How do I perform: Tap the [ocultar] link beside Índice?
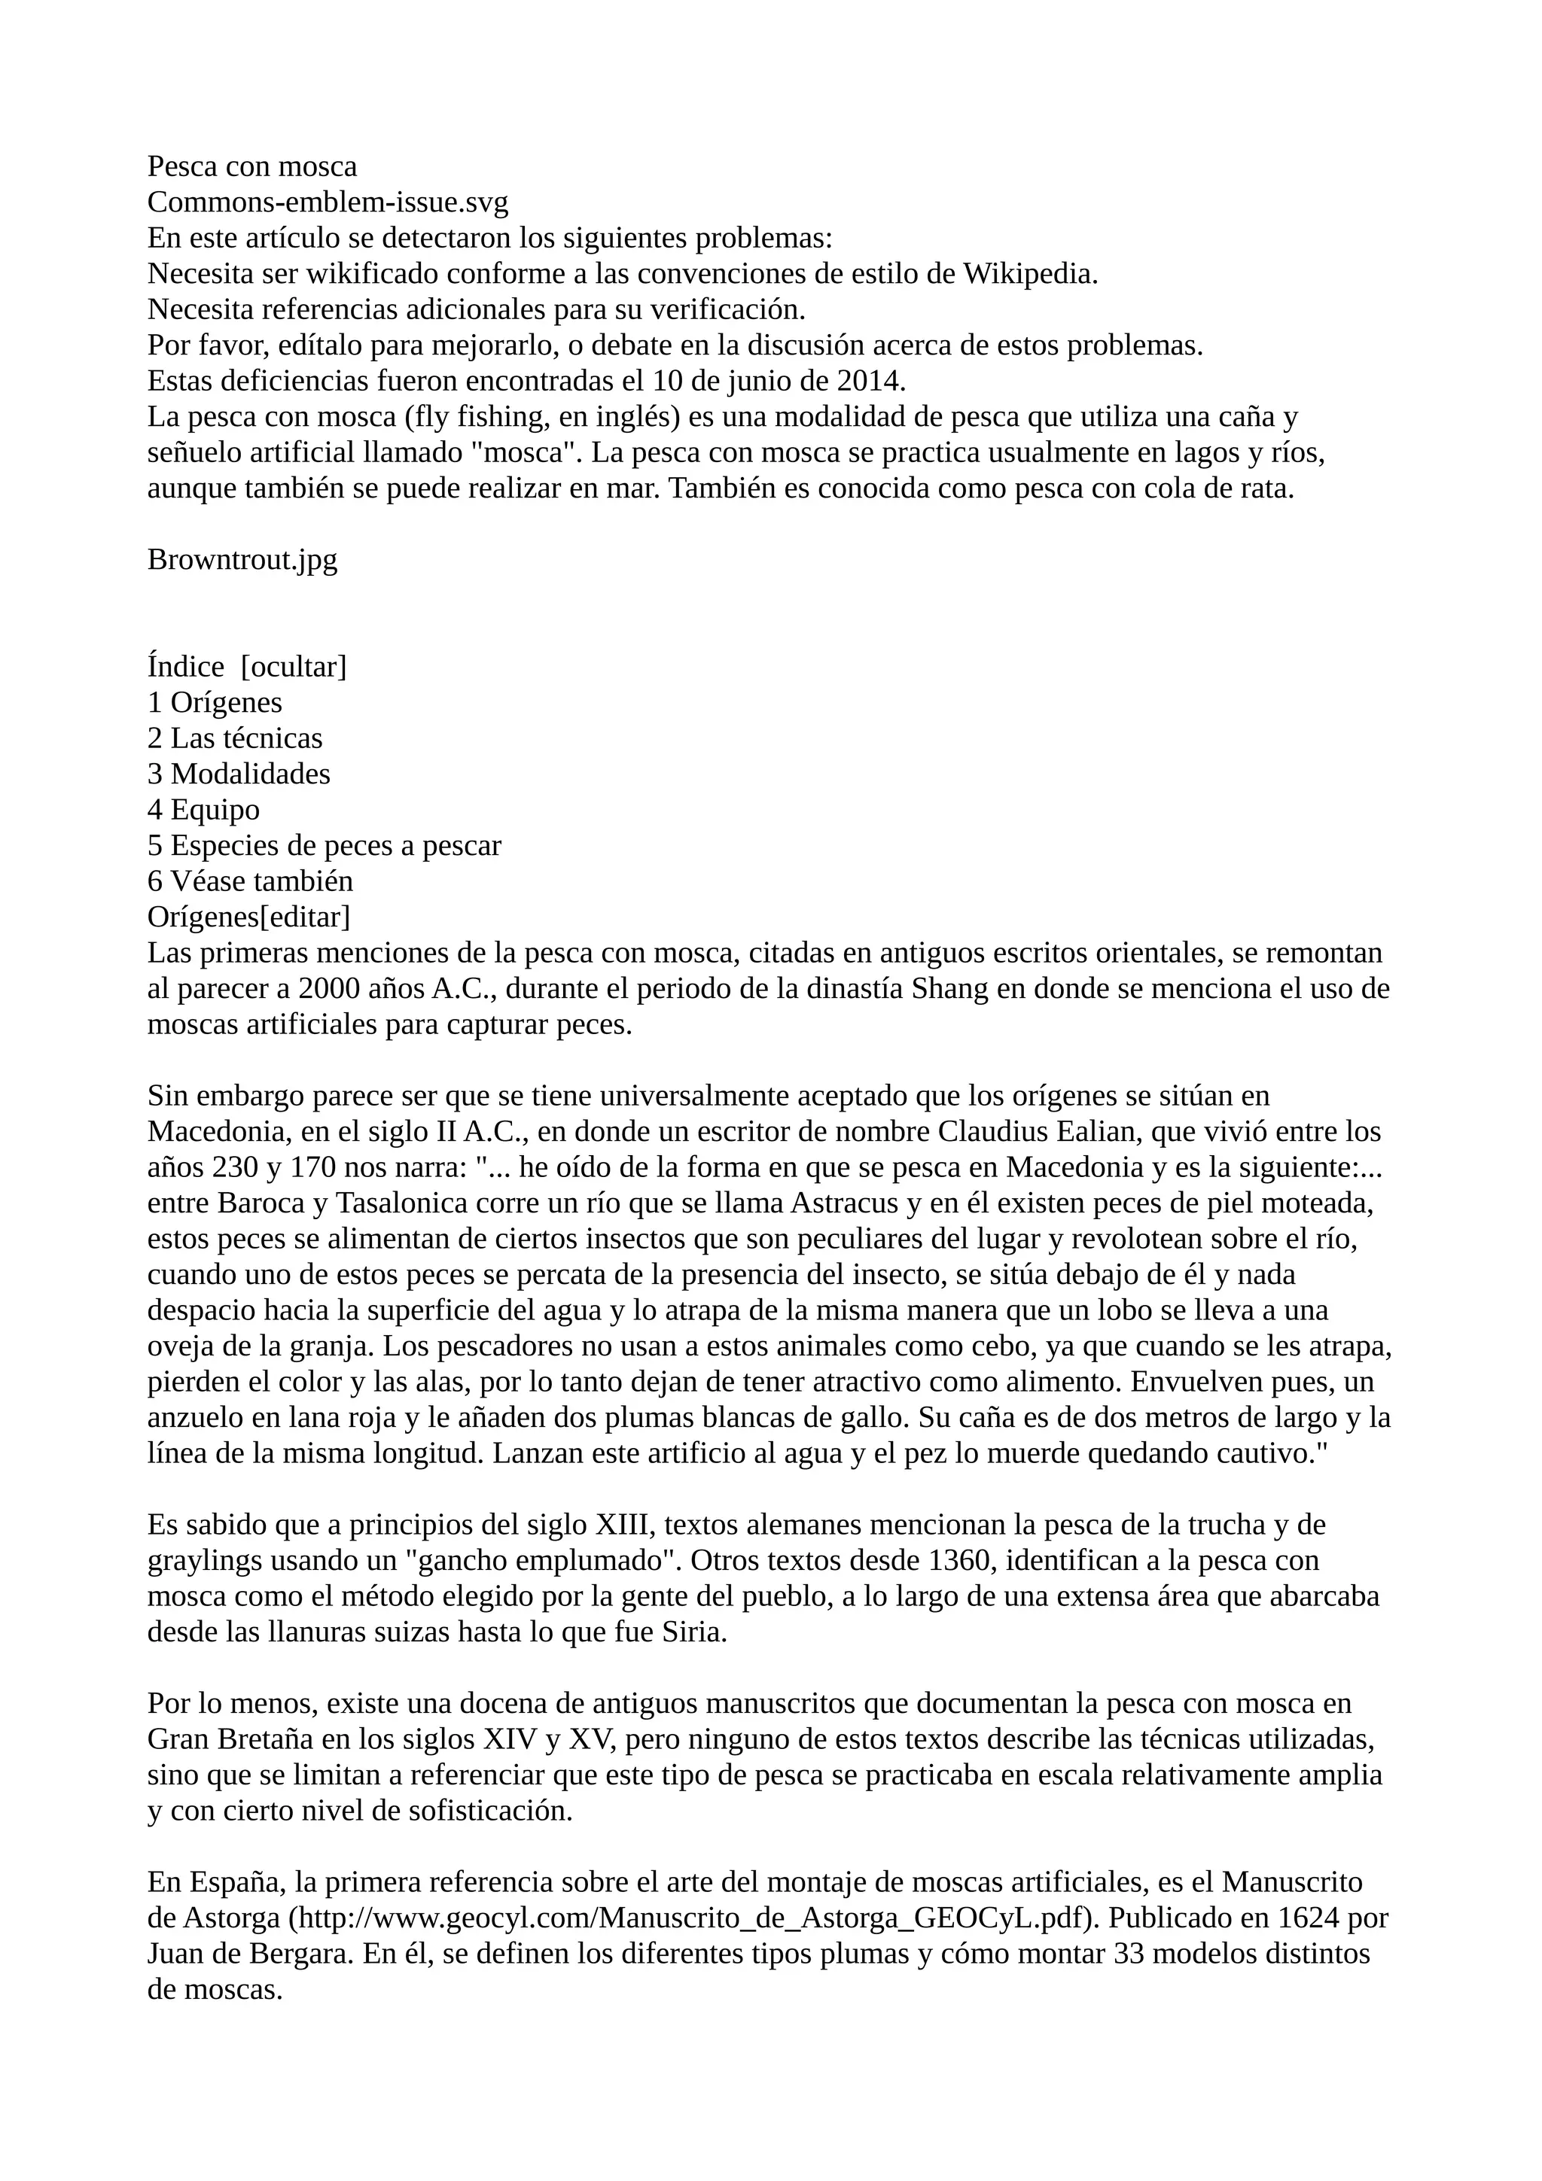(x=294, y=667)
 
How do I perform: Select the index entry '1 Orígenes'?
(x=215, y=703)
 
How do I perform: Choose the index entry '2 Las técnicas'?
(x=235, y=738)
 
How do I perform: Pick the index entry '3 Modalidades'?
(x=239, y=774)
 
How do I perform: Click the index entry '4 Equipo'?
(x=203, y=809)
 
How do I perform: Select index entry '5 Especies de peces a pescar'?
(x=324, y=845)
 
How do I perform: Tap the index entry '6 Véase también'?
(x=250, y=881)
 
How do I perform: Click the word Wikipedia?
(x=1030, y=274)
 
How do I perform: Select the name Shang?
(x=950, y=989)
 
